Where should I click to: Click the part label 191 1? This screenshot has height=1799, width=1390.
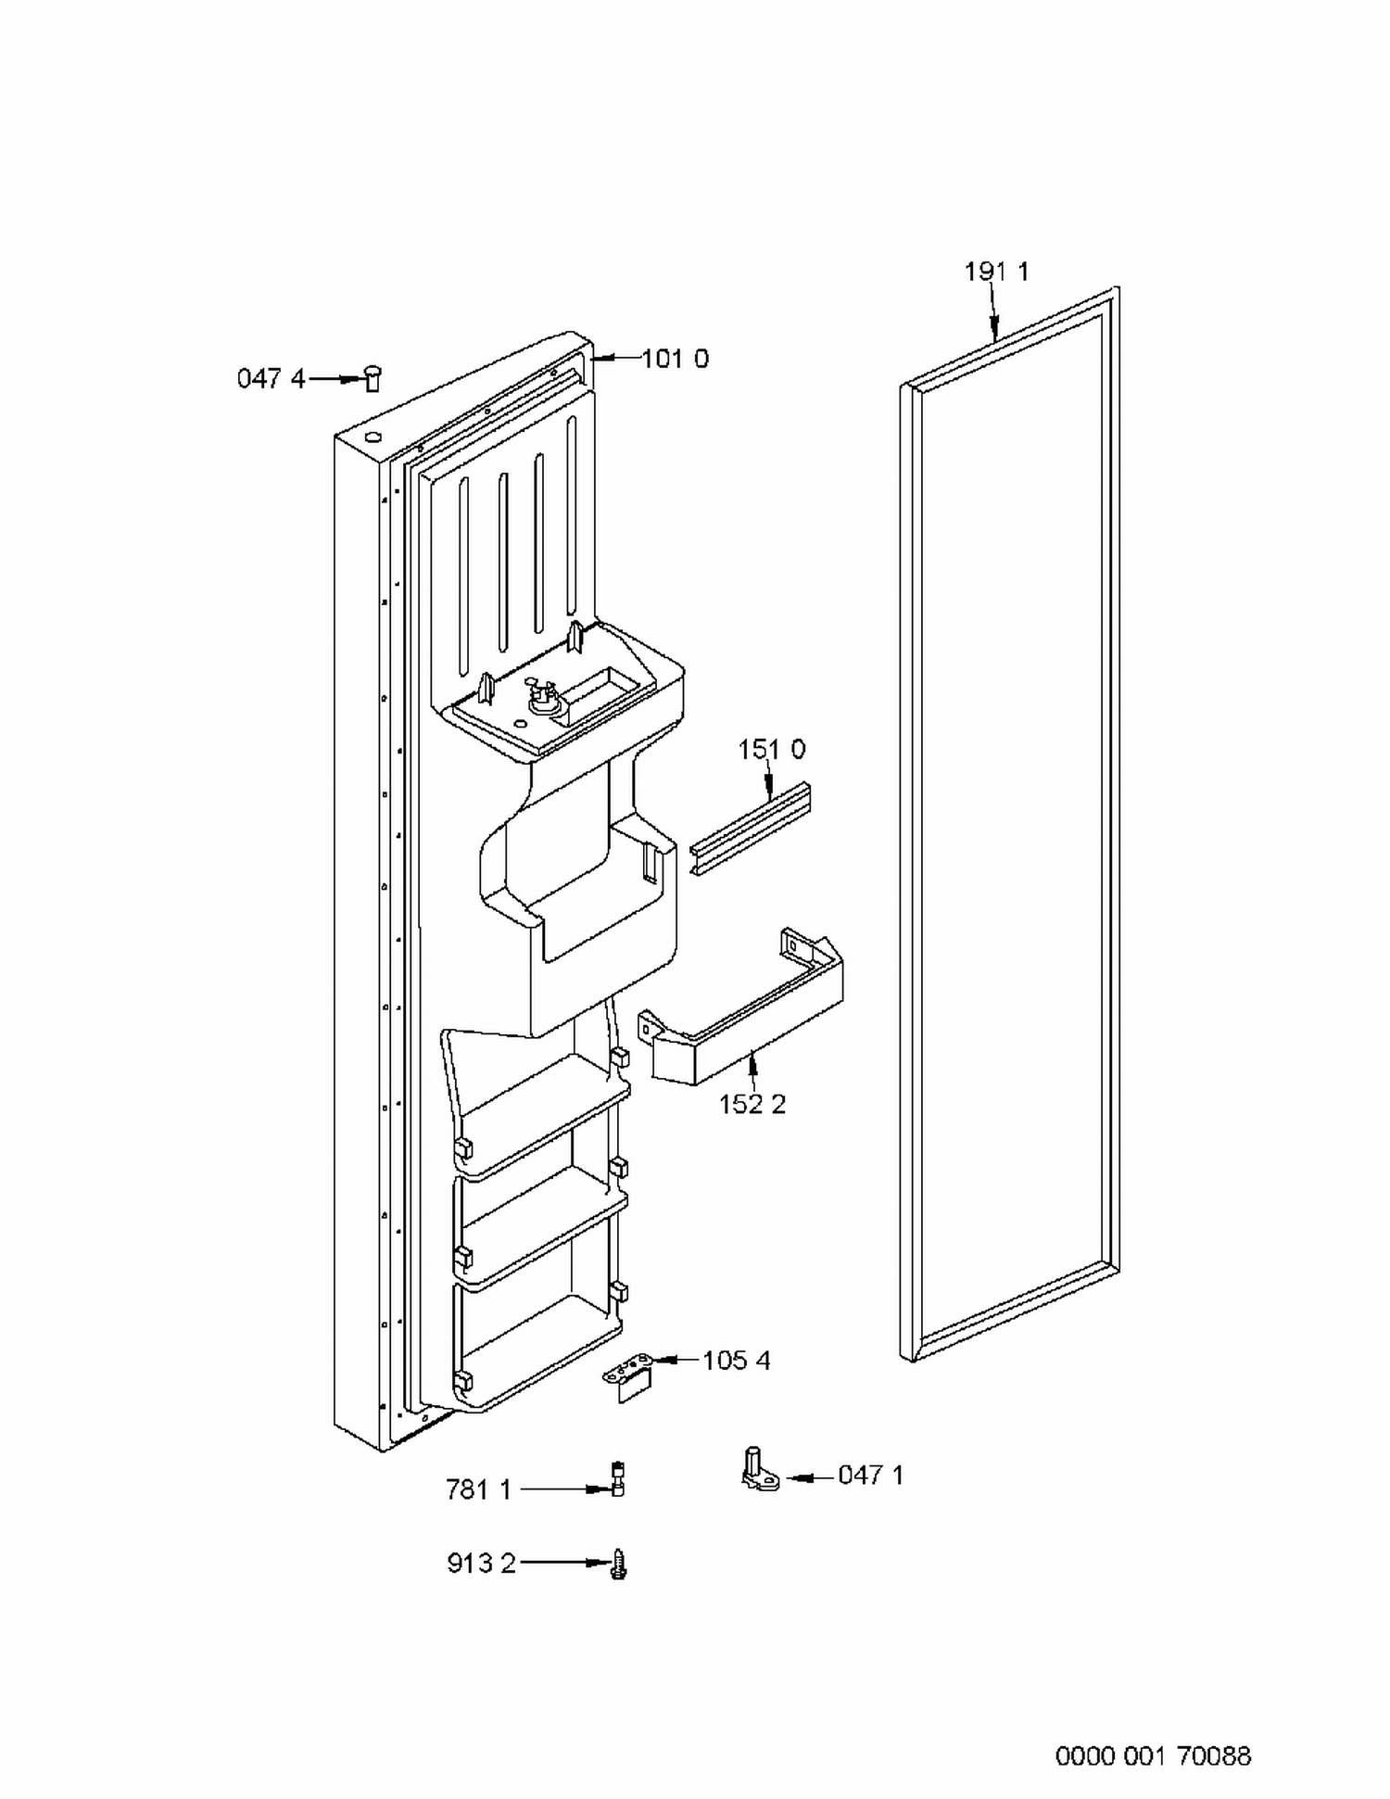pyautogui.click(x=996, y=272)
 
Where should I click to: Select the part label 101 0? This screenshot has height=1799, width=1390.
pyautogui.click(x=675, y=359)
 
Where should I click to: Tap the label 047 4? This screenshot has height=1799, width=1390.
pyautogui.click(x=271, y=378)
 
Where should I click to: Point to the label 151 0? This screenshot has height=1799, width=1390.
pyautogui.click(x=771, y=749)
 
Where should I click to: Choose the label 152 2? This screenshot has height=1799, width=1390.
pyautogui.click(x=752, y=1104)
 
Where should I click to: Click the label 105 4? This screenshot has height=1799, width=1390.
pyautogui.click(x=736, y=1361)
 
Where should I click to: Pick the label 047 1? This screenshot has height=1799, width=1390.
pyautogui.click(x=870, y=1475)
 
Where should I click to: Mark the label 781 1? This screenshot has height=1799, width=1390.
pyautogui.click(x=478, y=1489)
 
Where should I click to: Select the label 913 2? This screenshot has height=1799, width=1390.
pyautogui.click(x=481, y=1564)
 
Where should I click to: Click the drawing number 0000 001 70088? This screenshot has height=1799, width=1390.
pyautogui.click(x=1153, y=1755)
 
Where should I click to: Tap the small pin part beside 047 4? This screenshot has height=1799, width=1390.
pyautogui.click(x=373, y=378)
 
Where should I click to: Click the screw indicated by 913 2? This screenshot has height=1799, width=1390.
pyautogui.click(x=620, y=1565)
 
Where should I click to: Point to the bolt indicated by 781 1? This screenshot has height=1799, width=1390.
pyautogui.click(x=618, y=1479)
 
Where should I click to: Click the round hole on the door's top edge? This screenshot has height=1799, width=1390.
pyautogui.click(x=372, y=438)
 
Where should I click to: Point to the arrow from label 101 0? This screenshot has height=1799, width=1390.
pyautogui.click(x=613, y=358)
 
